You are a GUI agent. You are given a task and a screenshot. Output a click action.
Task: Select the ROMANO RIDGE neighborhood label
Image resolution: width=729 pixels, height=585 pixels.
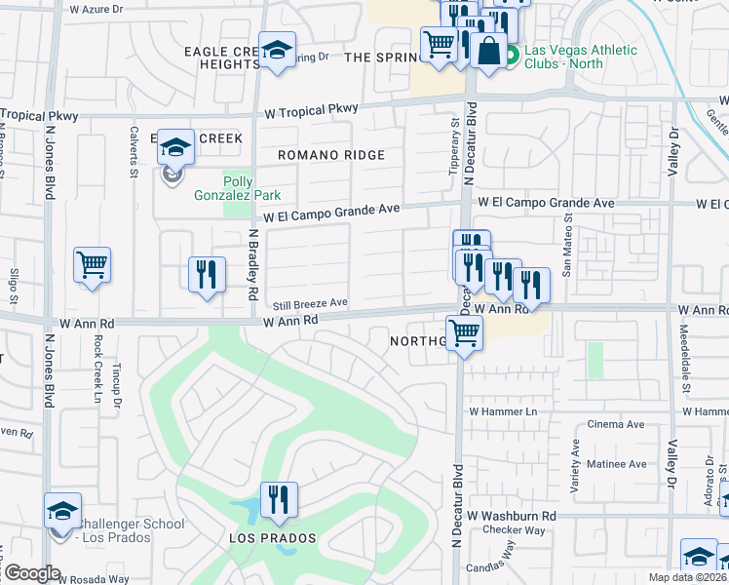tap(330, 155)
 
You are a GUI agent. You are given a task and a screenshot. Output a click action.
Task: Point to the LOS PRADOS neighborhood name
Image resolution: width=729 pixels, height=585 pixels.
tap(273, 538)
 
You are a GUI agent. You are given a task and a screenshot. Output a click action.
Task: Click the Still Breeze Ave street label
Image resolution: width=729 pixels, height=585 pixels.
tap(310, 303)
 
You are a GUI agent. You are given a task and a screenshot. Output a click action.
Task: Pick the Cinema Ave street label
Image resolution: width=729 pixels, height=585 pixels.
tap(617, 424)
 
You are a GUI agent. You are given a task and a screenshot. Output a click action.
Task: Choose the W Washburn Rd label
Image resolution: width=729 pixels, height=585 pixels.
tap(511, 515)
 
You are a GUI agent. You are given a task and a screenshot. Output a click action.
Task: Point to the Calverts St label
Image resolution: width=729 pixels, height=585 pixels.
tap(134, 151)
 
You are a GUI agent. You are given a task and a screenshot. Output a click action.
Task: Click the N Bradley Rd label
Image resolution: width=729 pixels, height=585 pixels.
tap(252, 263)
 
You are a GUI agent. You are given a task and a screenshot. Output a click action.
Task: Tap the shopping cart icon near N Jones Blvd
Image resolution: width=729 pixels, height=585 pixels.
tap(92, 264)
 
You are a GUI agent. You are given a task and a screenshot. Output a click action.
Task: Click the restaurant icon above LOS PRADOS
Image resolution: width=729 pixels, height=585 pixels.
tap(279, 499)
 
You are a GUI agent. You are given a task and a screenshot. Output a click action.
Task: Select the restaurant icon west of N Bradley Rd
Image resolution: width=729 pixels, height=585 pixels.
tap(207, 274)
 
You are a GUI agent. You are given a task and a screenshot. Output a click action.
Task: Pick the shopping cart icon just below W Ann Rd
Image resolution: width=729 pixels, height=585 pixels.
tap(465, 332)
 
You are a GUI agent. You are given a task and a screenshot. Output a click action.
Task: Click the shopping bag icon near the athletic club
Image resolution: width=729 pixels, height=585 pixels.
tap(488, 49)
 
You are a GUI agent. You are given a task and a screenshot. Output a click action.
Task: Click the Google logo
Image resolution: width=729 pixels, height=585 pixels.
tap(31, 573)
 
